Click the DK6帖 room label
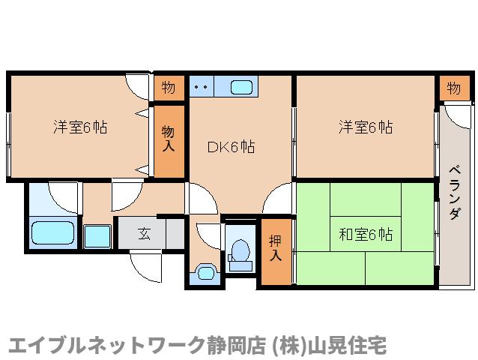(231, 147)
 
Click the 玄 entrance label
(143, 234)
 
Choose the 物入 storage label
(169, 138)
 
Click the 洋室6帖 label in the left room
(79, 127)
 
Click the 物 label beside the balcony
(454, 88)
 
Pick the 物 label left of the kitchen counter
(169, 88)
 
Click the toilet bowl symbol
(240, 253)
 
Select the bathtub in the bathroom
(53, 235)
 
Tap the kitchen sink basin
(241, 88)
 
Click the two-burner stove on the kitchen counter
(201, 87)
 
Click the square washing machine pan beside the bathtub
(97, 236)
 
